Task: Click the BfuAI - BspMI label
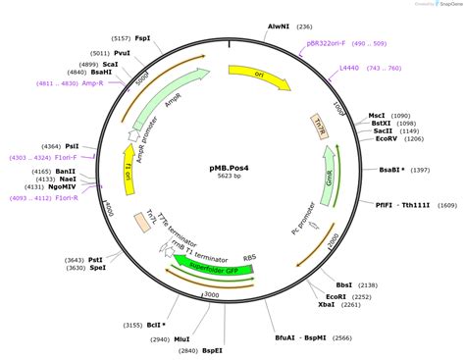pyautogui.click(x=298, y=337)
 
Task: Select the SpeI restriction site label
pyautogui.click(x=96, y=269)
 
